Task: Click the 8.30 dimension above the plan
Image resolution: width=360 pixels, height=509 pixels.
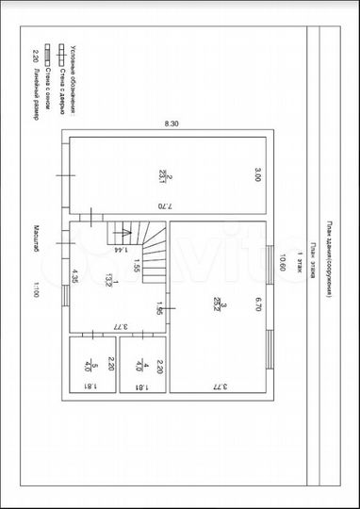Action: click(171, 123)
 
